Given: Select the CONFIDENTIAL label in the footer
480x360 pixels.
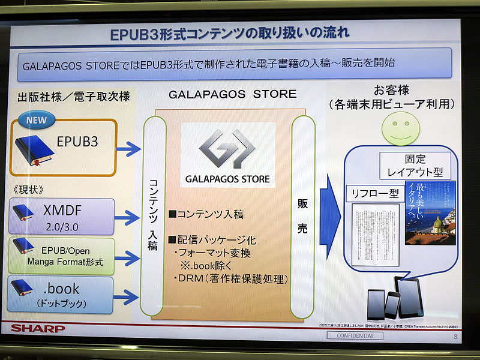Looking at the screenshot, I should click(354, 336).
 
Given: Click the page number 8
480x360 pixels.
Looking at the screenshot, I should click(455, 336).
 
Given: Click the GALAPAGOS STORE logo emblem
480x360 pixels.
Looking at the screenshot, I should click(227, 149).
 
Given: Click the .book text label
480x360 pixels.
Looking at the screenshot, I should click(62, 289).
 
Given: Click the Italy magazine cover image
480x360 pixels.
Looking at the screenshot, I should click(430, 212).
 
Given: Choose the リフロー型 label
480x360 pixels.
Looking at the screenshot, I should click(375, 194).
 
